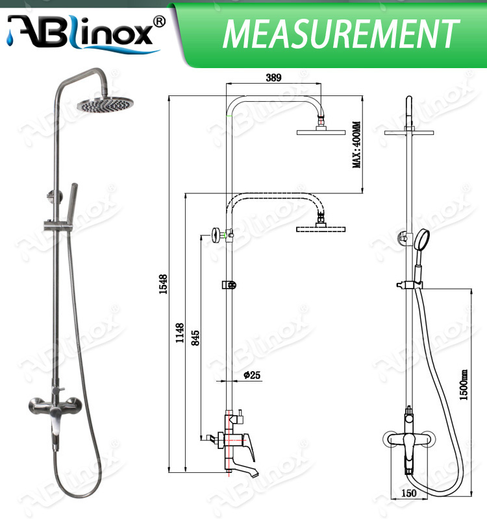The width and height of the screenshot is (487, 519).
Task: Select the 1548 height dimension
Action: click(164, 284)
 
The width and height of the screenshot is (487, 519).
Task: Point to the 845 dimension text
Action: click(195, 337)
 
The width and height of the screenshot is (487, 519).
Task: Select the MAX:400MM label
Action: click(356, 145)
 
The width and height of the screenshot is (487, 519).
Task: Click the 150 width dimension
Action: click(408, 494)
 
